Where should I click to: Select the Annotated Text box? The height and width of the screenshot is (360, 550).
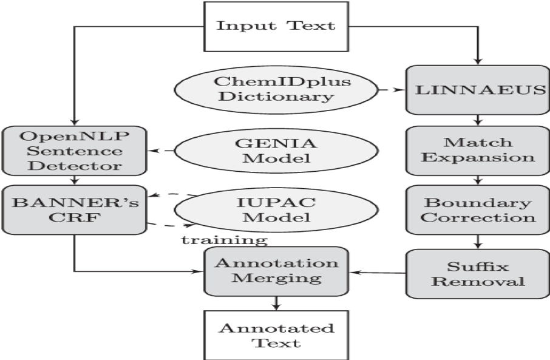click(276, 335)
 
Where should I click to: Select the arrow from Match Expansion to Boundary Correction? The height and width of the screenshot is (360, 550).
click(478, 179)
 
